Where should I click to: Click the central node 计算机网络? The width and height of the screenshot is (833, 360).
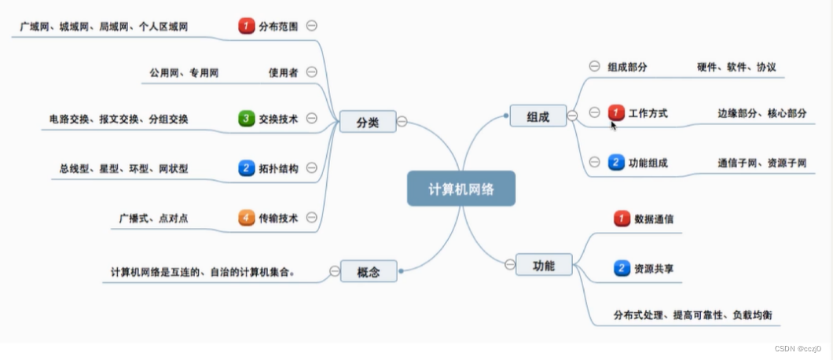pyautogui.click(x=461, y=189)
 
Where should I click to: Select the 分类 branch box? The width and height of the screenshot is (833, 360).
pyautogui.click(x=367, y=121)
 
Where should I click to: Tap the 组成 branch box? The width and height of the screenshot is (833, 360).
pyautogui.click(x=538, y=116)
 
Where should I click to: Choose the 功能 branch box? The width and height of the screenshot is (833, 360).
pyautogui.click(x=544, y=265)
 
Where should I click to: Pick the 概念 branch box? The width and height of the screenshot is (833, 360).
pyautogui.click(x=368, y=271)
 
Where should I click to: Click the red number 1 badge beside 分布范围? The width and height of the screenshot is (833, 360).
pyautogui.click(x=247, y=26)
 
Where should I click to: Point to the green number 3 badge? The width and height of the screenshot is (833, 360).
pyautogui.click(x=247, y=119)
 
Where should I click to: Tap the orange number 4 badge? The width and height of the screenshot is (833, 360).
pyautogui.click(x=247, y=218)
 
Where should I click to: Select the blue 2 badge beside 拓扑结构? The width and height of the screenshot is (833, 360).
pyautogui.click(x=247, y=167)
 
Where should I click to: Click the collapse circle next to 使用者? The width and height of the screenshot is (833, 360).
pyautogui.click(x=311, y=72)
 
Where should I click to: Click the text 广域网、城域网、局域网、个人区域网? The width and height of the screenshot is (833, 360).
pyautogui.click(x=105, y=27)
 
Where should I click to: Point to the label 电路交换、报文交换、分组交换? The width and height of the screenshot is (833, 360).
pyautogui.click(x=119, y=119)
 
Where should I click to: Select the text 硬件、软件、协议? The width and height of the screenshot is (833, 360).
pyautogui.click(x=736, y=68)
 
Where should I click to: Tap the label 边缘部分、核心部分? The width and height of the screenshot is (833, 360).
pyautogui.click(x=761, y=113)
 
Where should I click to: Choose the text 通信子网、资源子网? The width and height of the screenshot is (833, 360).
pyautogui.click(x=761, y=163)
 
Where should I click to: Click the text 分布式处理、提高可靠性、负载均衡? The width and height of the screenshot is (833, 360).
pyautogui.click(x=692, y=315)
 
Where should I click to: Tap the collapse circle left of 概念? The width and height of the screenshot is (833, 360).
pyautogui.click(x=335, y=271)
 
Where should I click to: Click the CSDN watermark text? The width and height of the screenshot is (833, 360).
pyautogui.click(x=798, y=348)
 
